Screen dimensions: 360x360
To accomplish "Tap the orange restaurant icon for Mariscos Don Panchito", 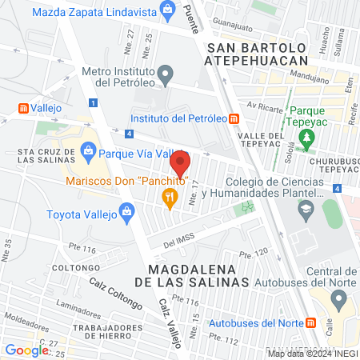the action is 169,197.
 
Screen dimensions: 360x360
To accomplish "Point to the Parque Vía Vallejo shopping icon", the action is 89,148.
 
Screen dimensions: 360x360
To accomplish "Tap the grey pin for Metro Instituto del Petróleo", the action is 166,76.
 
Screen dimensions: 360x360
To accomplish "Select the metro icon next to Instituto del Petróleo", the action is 234,119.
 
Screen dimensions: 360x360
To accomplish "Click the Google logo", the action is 26,350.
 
